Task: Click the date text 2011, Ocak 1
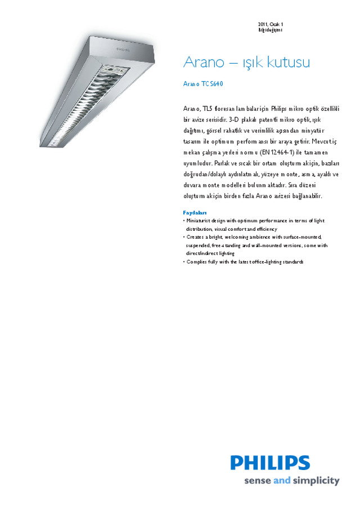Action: click(x=271, y=24)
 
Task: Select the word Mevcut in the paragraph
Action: click(x=322, y=141)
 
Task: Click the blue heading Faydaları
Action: click(x=195, y=213)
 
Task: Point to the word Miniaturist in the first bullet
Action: click(x=200, y=221)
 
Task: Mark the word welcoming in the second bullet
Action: click(x=237, y=238)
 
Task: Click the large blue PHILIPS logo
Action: click(x=270, y=463)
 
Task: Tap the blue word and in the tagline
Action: click(x=281, y=481)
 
